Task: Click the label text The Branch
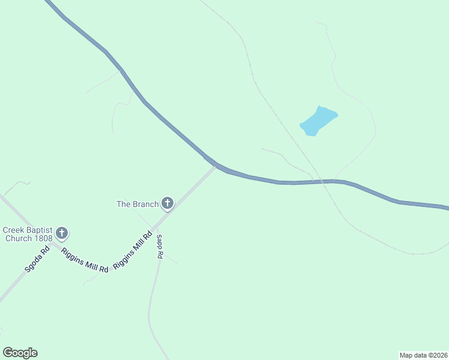tap(137, 204)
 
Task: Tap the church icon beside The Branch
tap(167, 204)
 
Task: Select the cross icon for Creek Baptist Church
tap(61, 233)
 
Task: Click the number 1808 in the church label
tap(44, 238)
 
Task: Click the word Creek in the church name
tap(13, 230)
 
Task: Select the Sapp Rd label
tap(160, 247)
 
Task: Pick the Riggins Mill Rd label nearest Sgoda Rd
tap(85, 260)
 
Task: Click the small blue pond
tap(318, 121)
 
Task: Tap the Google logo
tap(20, 353)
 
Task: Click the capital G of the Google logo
tap(8, 352)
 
